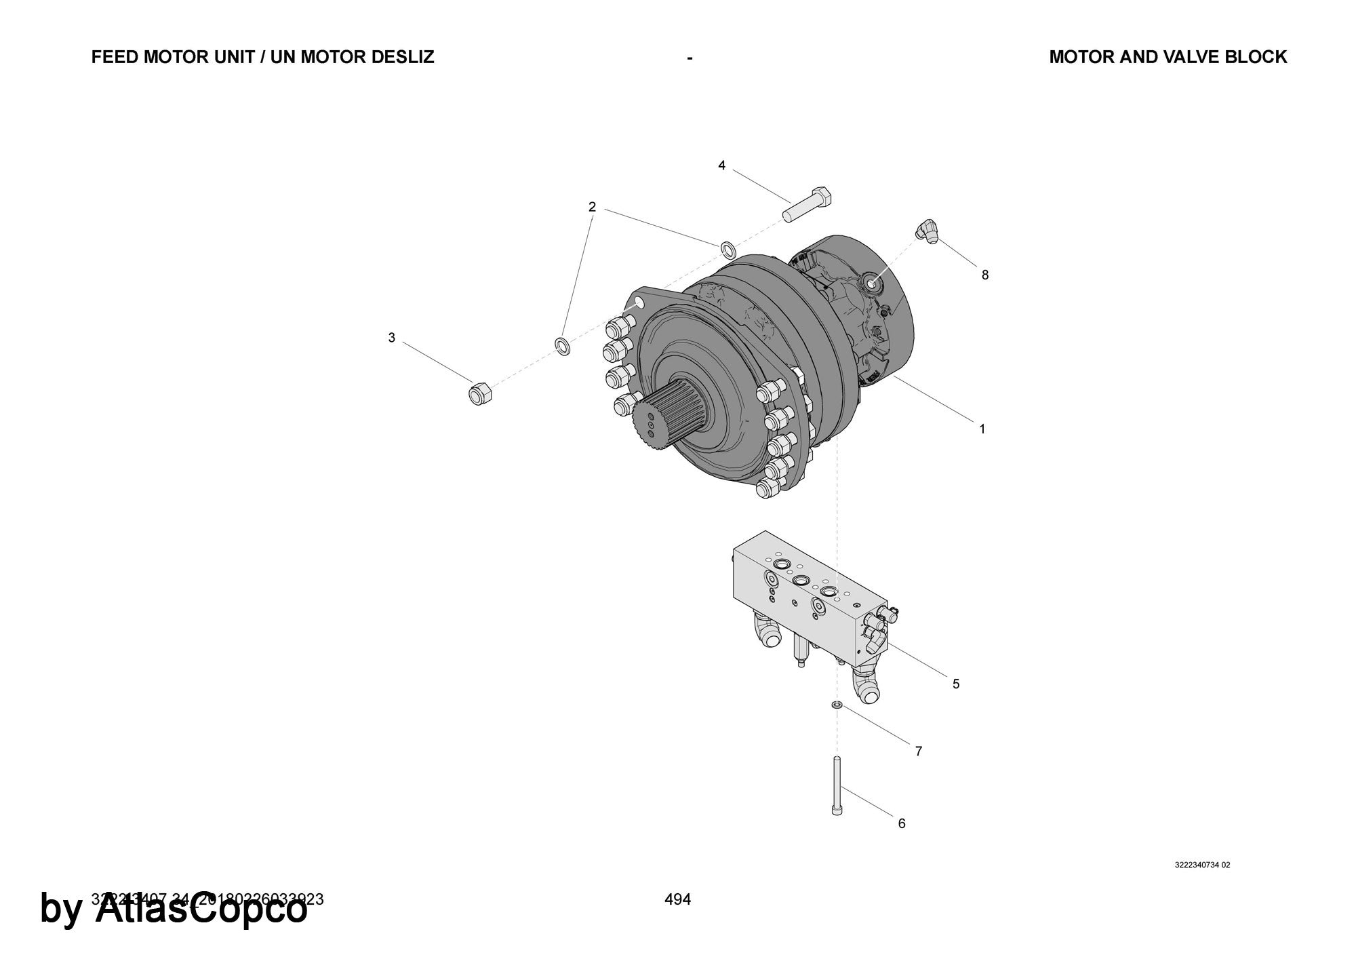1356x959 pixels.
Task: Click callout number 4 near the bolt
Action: pyautogui.click(x=721, y=165)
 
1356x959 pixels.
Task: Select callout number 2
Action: pyautogui.click(x=592, y=207)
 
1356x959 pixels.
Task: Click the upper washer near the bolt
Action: pyautogui.click(x=727, y=250)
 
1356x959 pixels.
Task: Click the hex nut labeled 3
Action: pyautogui.click(x=480, y=393)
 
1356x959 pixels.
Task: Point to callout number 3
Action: pyautogui.click(x=391, y=338)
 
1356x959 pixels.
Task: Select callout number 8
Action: pyautogui.click(x=984, y=275)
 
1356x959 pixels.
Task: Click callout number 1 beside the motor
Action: pyautogui.click(x=982, y=429)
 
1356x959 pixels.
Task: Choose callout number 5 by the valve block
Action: pyautogui.click(x=956, y=684)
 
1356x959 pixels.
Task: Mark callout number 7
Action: pyautogui.click(x=919, y=751)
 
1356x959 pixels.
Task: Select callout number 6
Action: pyautogui.click(x=901, y=823)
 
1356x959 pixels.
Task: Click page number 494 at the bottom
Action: pyautogui.click(x=677, y=899)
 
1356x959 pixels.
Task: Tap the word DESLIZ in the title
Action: pyautogui.click(x=403, y=57)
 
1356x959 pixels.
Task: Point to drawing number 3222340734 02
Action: pyautogui.click(x=1202, y=865)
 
